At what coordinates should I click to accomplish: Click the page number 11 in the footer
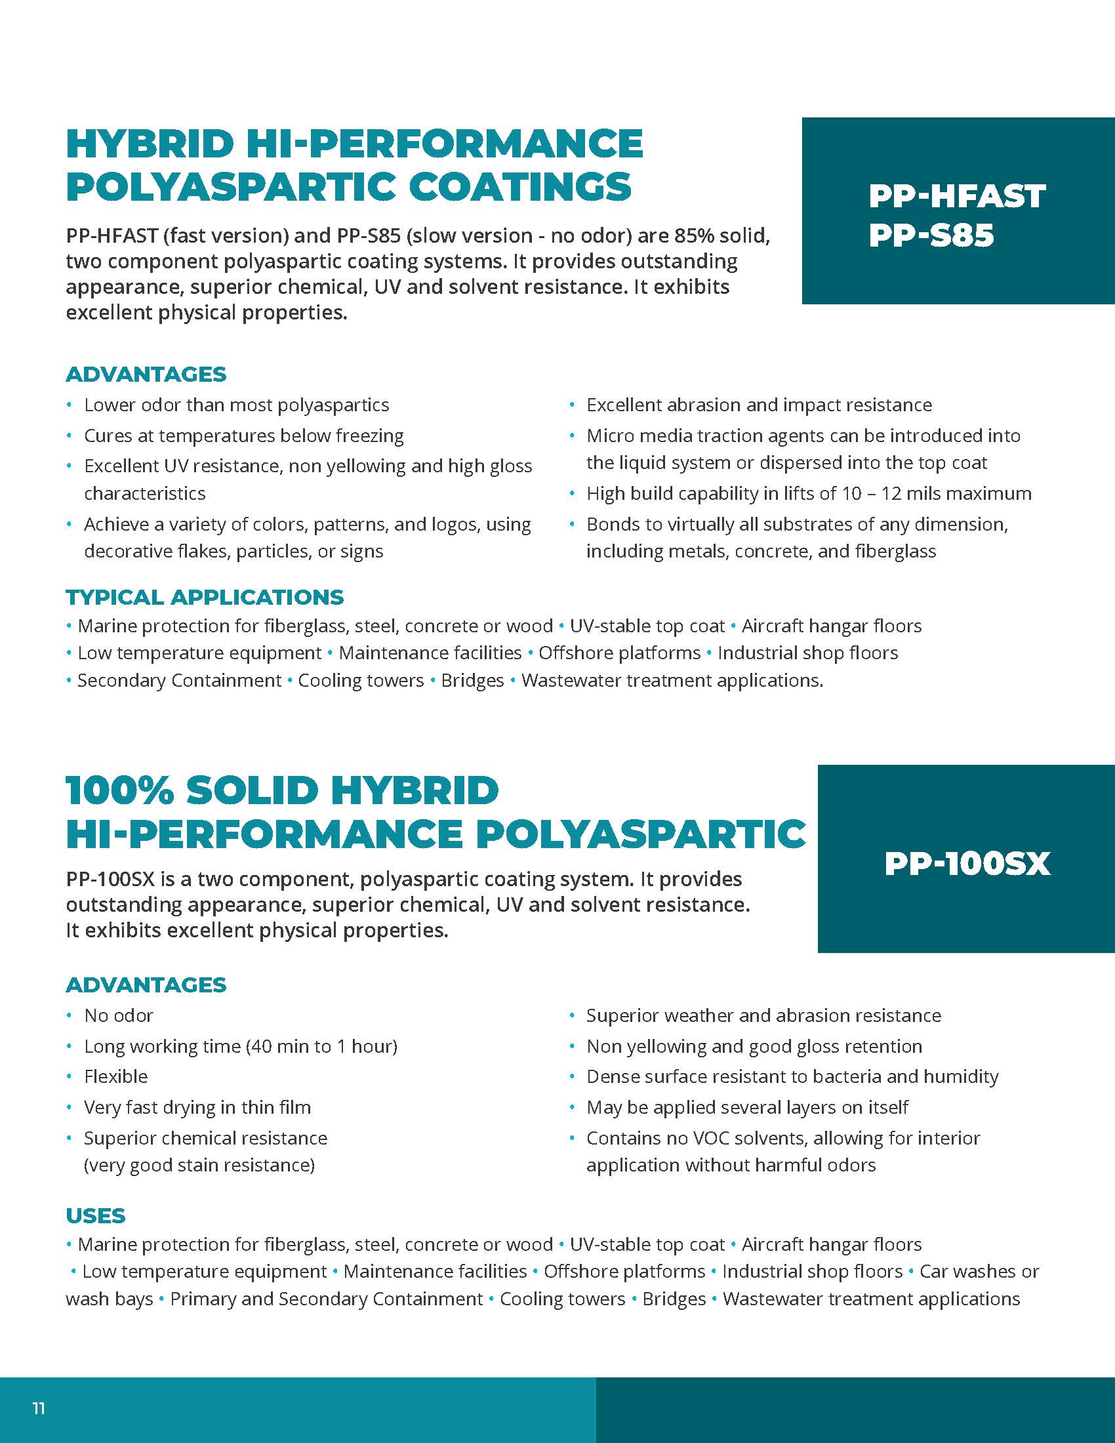(x=39, y=1409)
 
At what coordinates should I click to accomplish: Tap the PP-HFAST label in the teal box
(x=956, y=196)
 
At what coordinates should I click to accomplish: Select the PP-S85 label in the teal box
(x=931, y=236)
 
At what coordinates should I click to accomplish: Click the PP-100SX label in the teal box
(x=966, y=864)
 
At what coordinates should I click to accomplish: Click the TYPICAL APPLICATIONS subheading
(x=205, y=598)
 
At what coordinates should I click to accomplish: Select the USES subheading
(x=96, y=1215)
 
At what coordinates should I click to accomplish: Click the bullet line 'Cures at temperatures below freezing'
(x=244, y=436)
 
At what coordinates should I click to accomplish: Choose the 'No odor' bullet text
(x=119, y=1015)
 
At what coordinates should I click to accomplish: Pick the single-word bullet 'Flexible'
(x=115, y=1076)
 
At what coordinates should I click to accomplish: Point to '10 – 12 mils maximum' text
(x=936, y=493)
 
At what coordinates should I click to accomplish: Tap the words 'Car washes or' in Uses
(x=979, y=1271)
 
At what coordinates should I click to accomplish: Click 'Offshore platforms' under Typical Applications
(x=620, y=653)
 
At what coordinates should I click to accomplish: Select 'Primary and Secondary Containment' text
(x=327, y=1299)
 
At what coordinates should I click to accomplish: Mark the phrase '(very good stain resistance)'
(x=199, y=1165)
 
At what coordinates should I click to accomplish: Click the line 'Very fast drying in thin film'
(x=197, y=1107)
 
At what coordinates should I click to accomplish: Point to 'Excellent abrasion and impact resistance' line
(x=759, y=405)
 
